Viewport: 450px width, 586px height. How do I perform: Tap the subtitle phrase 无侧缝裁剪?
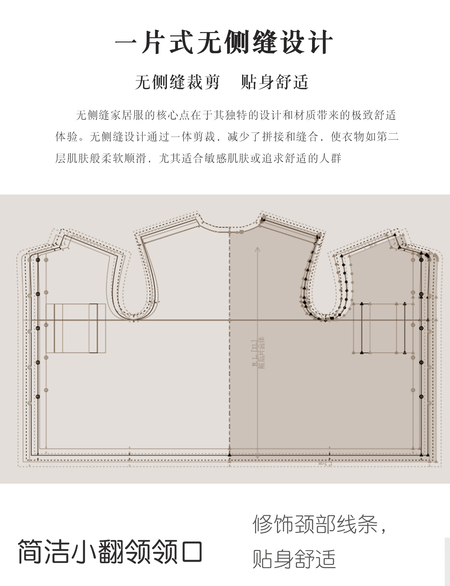coord(177,82)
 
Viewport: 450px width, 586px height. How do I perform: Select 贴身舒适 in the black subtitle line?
coord(275,82)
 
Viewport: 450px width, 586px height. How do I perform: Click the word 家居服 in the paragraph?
coord(127,115)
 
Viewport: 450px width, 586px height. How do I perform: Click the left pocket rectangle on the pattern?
coord(76,328)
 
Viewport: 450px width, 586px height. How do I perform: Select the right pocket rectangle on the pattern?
coord(383,328)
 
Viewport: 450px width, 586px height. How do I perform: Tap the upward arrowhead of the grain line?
coord(258,249)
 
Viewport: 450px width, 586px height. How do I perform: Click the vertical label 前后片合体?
coord(262,353)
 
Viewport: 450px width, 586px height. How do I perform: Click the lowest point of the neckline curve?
coord(229,227)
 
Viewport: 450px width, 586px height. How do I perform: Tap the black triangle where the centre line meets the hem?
coord(230,455)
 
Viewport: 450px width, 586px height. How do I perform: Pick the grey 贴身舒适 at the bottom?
coord(294,559)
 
